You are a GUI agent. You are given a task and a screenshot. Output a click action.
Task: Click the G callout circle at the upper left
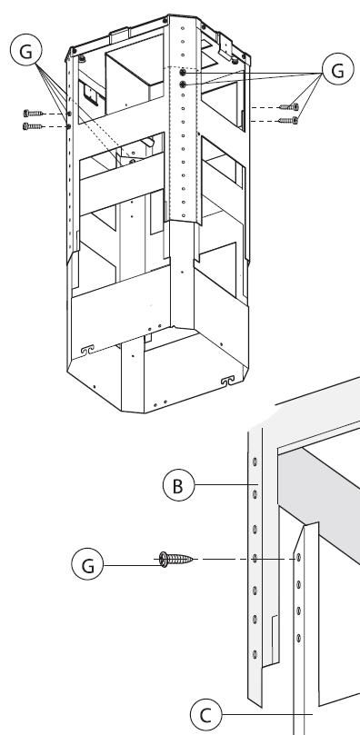[25, 51]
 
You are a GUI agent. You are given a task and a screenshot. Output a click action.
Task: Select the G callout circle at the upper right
[337, 69]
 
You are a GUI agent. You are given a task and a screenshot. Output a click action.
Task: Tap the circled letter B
[178, 485]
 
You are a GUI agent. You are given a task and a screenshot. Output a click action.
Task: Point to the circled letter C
[205, 715]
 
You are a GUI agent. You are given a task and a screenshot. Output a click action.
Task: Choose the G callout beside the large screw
[87, 564]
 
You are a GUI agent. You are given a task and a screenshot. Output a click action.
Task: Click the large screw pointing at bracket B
[175, 559]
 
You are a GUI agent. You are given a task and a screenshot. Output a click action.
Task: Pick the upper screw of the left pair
[33, 113]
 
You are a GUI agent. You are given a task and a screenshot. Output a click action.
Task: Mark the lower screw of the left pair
[33, 126]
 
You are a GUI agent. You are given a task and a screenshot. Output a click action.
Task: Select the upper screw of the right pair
[289, 107]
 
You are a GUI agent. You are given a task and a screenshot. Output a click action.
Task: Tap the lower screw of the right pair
[289, 121]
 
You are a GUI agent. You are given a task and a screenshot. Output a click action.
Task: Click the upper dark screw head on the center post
[183, 73]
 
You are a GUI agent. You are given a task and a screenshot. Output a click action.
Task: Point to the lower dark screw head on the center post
[183, 84]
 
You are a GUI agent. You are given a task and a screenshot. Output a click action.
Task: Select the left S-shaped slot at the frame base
[87, 350]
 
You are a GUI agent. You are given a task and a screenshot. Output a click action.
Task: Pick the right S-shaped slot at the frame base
[227, 381]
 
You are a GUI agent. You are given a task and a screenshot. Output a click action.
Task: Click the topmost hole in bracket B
[255, 462]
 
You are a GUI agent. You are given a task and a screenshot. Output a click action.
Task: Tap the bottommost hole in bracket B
[255, 654]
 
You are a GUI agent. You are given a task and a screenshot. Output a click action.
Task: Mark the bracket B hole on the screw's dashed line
[255, 558]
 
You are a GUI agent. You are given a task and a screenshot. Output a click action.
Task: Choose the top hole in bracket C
[298, 558]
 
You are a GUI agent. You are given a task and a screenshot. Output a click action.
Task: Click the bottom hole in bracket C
[298, 638]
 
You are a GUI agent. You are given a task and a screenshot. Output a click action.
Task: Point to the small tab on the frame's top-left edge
[119, 35]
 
